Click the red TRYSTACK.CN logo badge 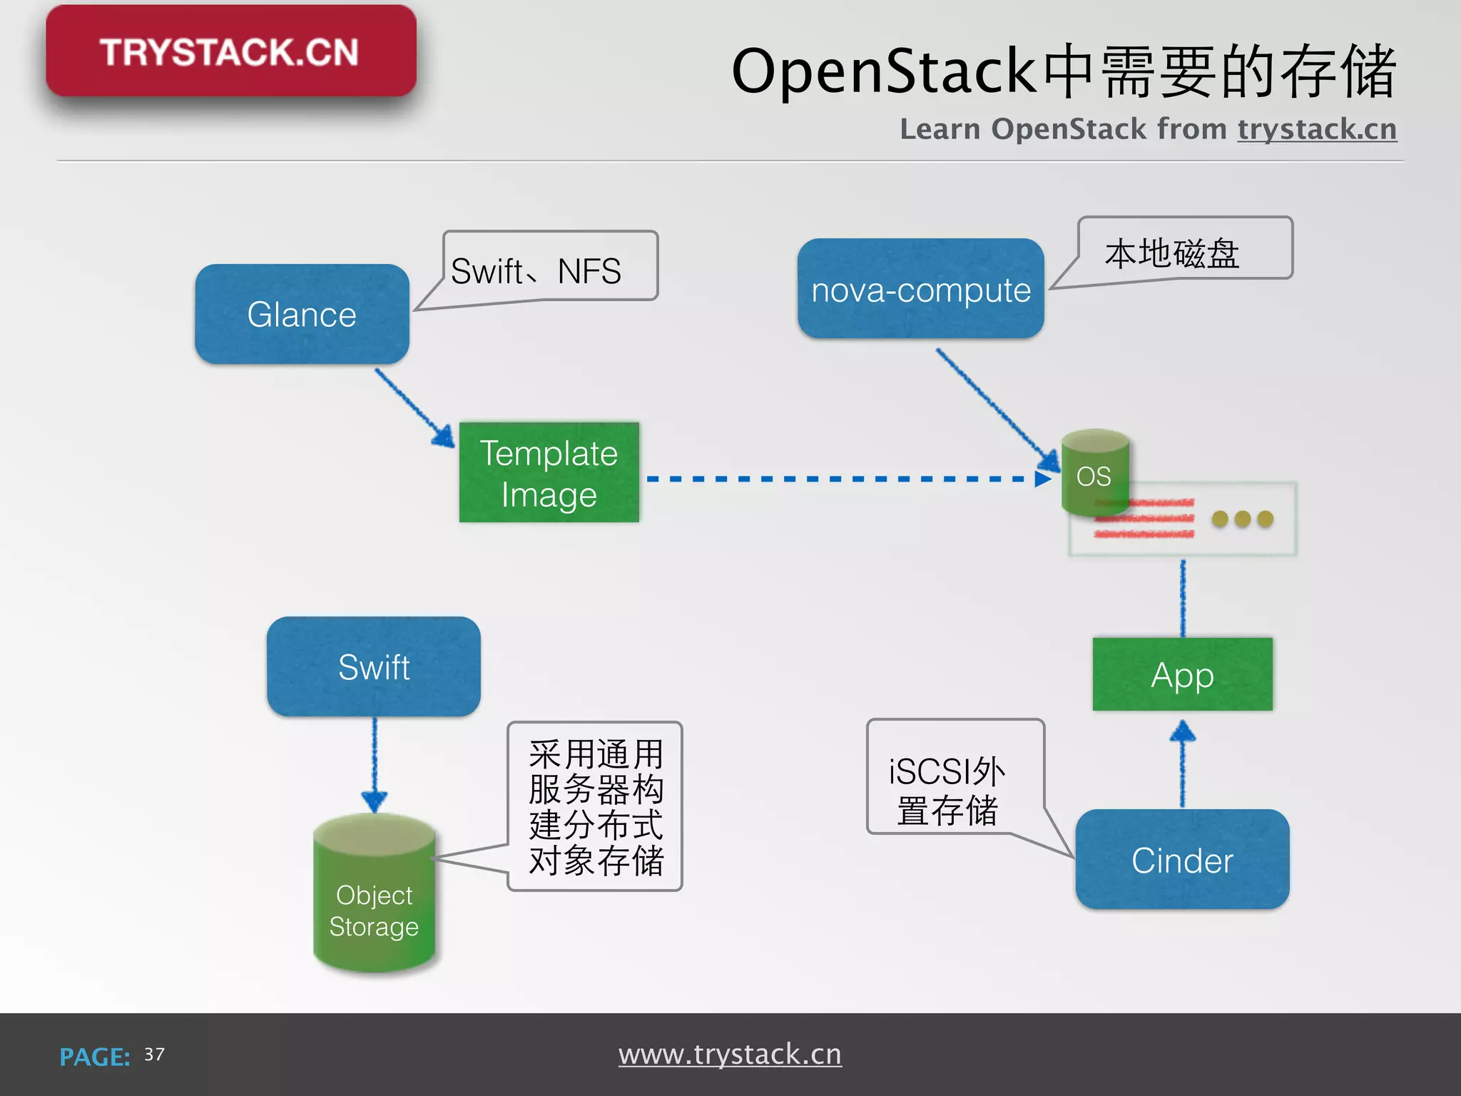230,51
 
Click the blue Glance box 302,314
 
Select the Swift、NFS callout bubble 549,268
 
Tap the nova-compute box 920,289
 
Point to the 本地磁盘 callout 1184,250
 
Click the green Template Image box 549,472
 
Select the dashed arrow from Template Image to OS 842,479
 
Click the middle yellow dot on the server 1242,519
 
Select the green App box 1182,674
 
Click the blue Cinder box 1182,859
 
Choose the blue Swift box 373,666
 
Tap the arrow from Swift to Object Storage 375,763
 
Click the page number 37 154,1055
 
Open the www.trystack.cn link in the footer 730,1054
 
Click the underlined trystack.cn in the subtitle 1317,129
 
